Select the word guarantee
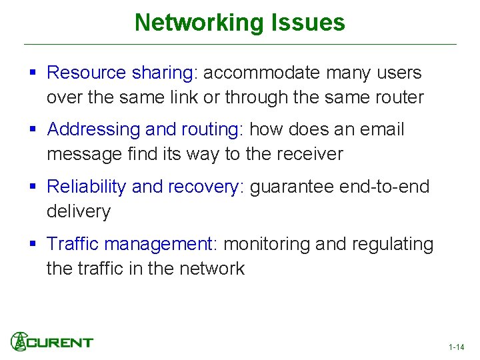click(291, 187)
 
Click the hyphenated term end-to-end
click(384, 187)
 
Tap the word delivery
click(78, 212)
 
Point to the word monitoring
click(267, 244)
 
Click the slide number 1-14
click(457, 347)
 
